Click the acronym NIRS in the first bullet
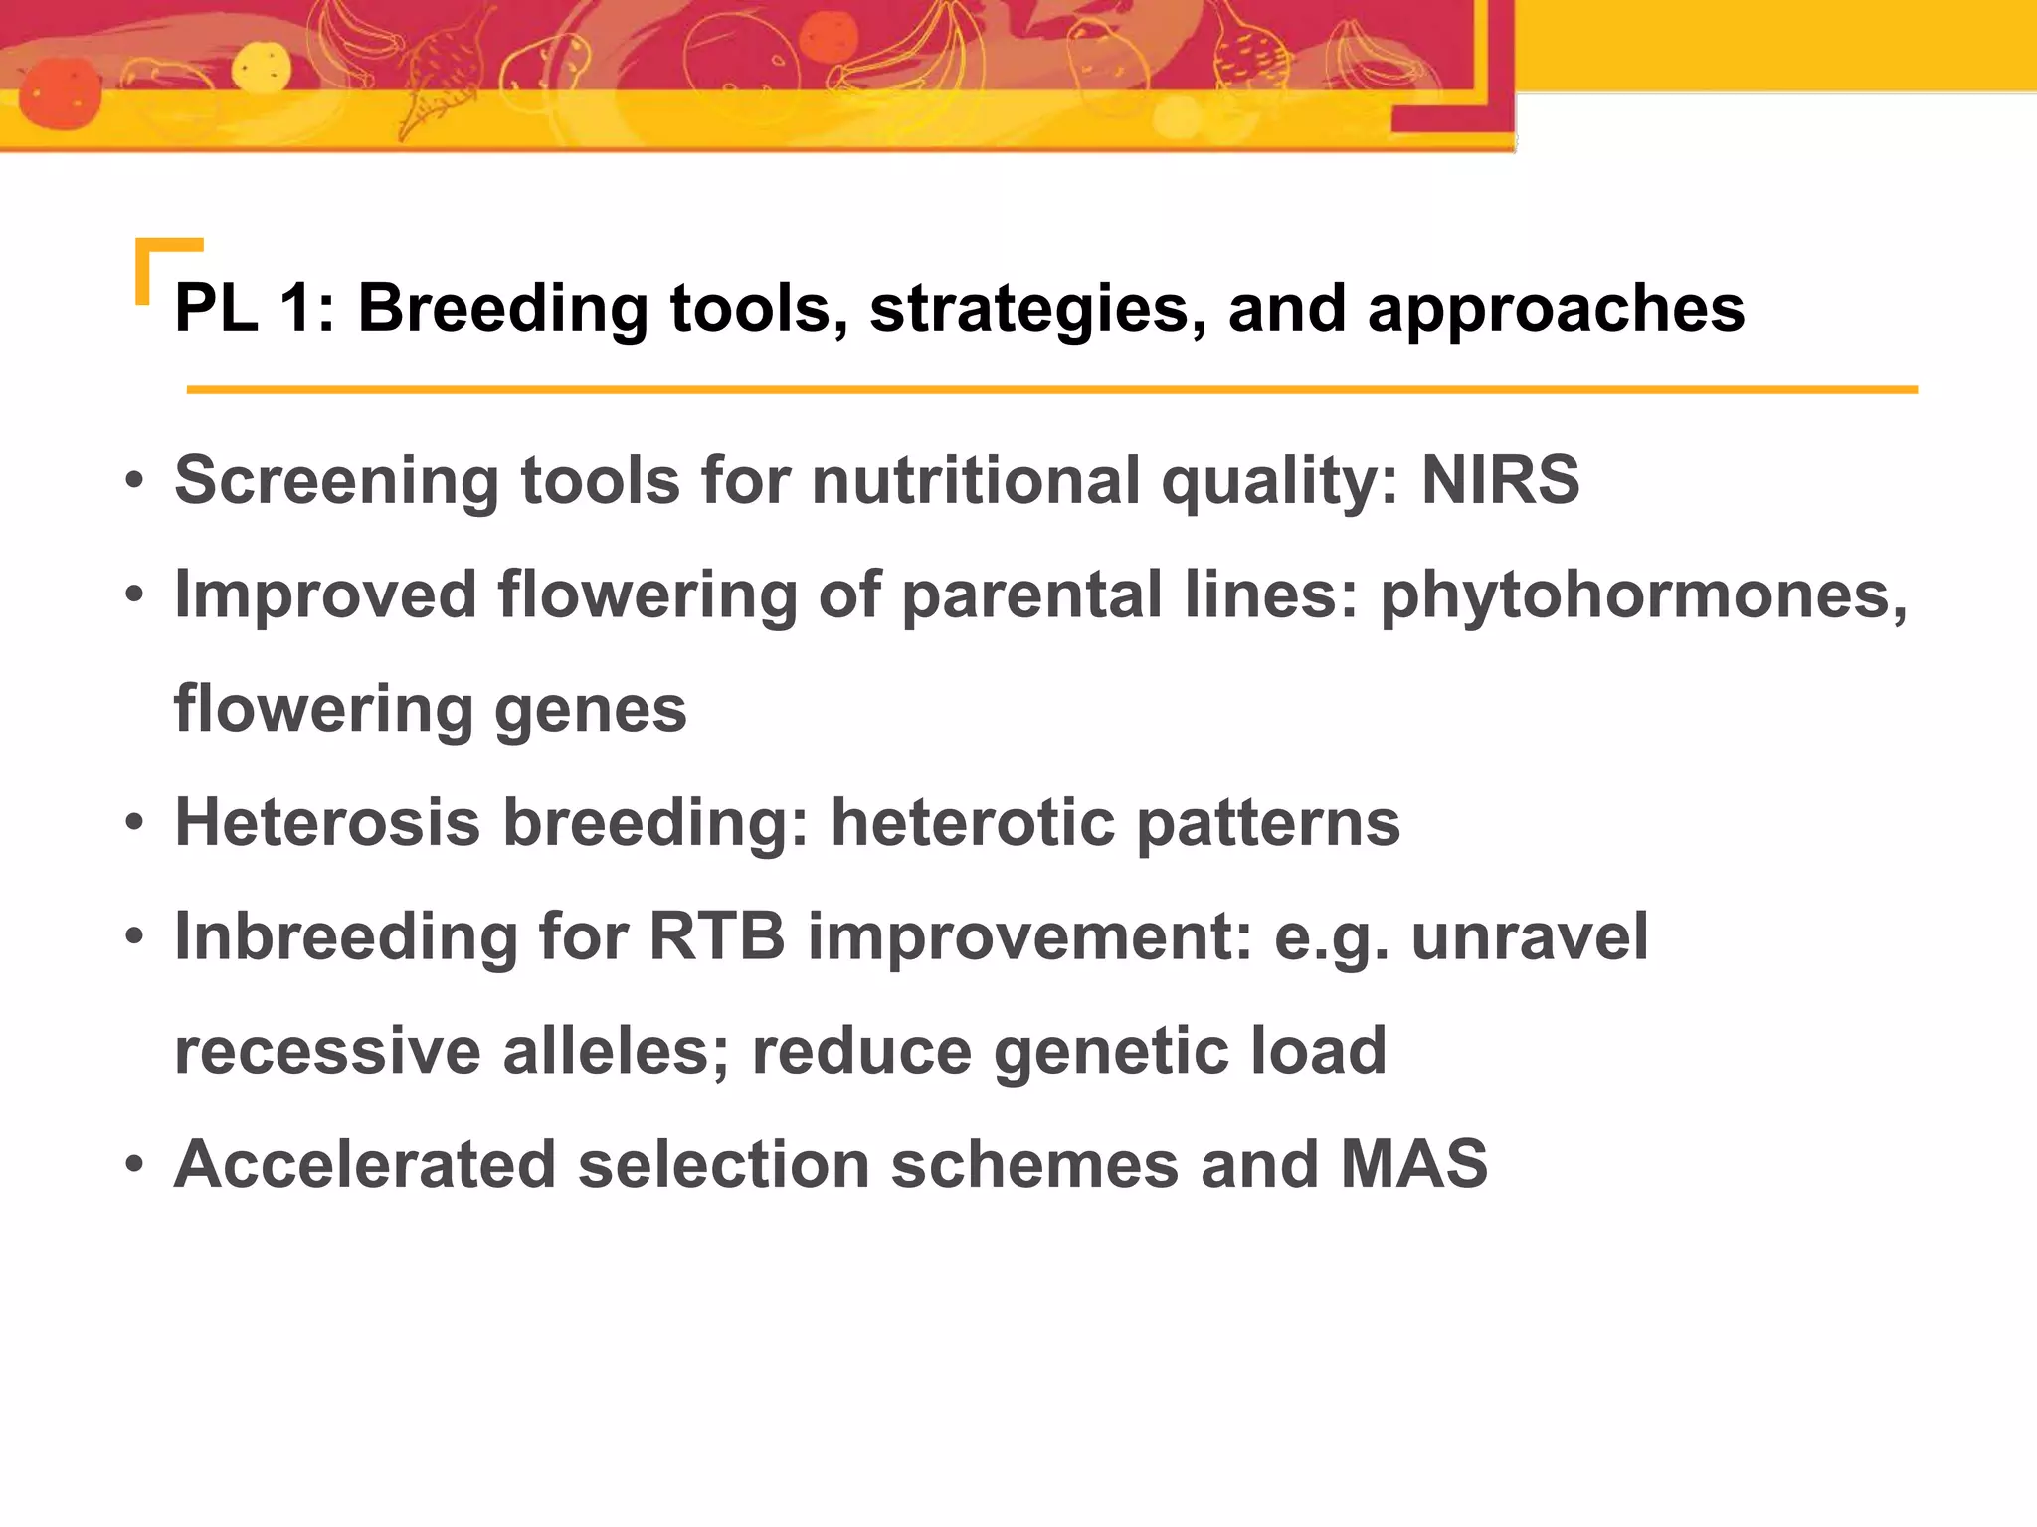[1500, 480]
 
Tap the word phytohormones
[1641, 596]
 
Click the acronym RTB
[716, 936]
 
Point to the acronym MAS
[1412, 1164]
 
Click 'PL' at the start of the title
[216, 308]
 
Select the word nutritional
[975, 480]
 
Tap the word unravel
[1529, 936]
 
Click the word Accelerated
[364, 1164]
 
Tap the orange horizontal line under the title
[1051, 390]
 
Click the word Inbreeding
[345, 938]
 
